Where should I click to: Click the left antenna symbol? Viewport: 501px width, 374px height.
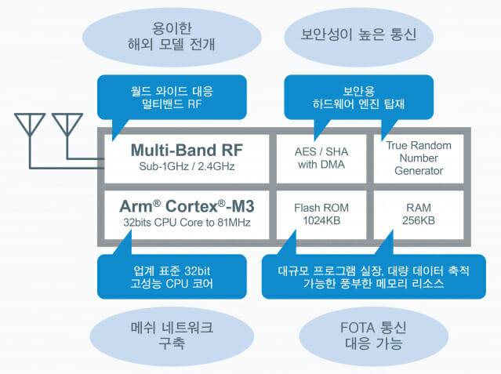point(31,125)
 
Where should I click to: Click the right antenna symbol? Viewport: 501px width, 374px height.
point(66,125)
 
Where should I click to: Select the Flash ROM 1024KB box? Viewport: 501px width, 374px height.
point(321,215)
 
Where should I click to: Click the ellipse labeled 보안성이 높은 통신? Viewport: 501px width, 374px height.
point(358,35)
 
